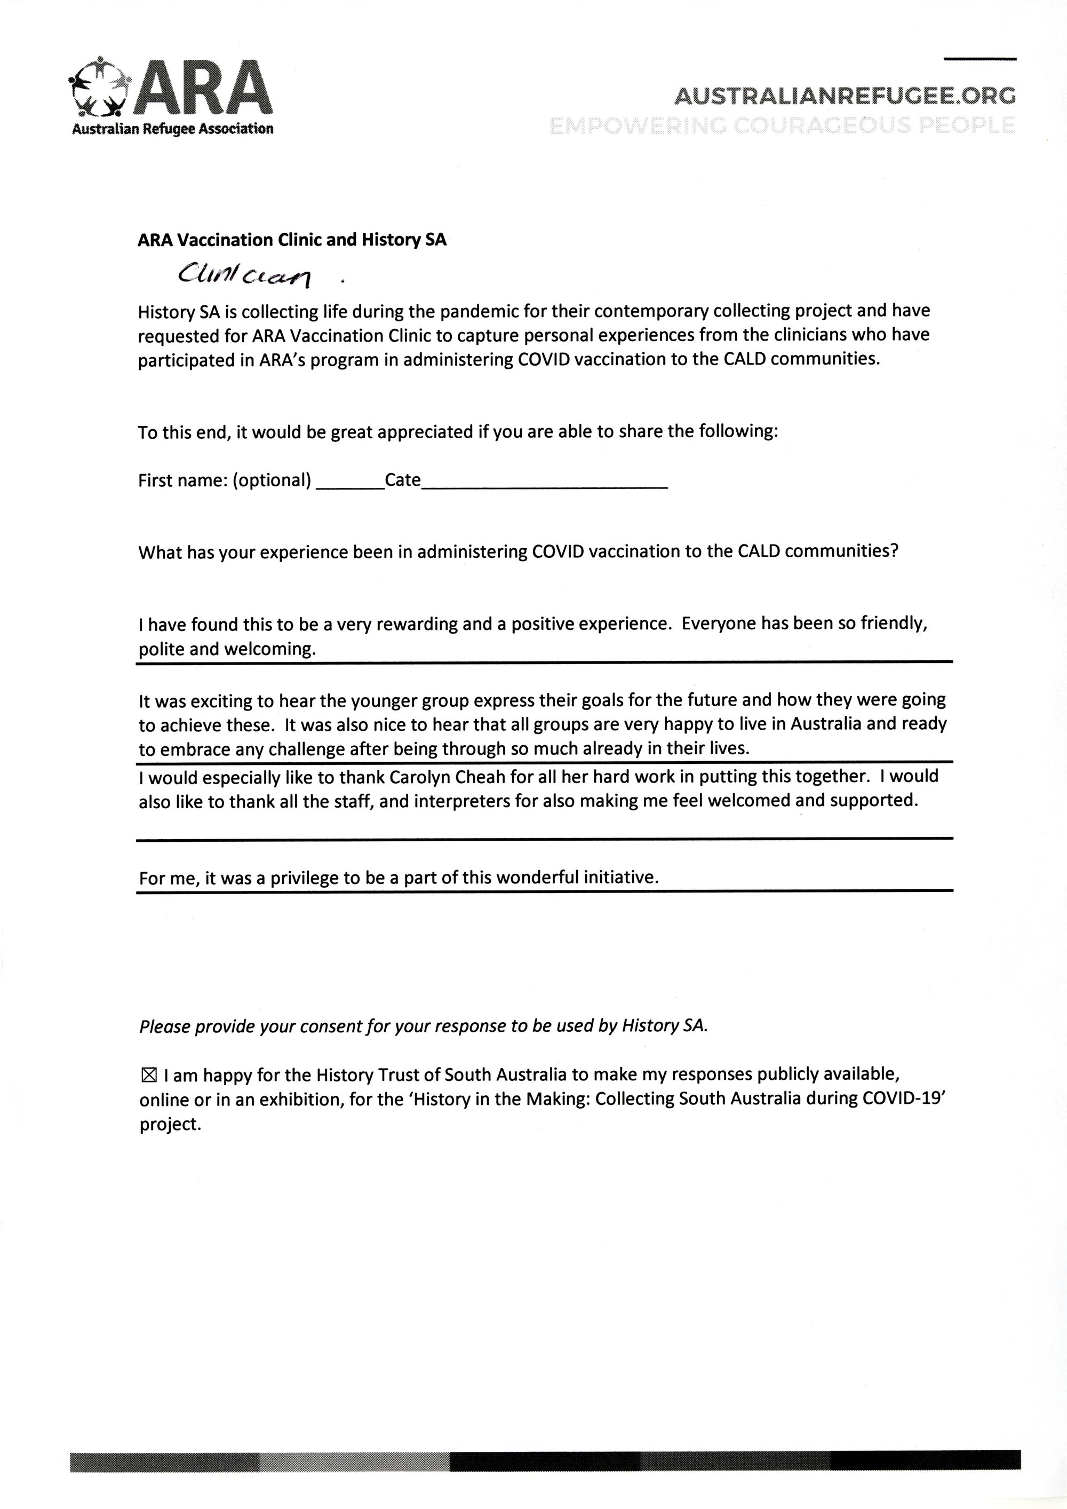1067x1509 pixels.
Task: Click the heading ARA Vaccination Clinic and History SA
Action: (292, 240)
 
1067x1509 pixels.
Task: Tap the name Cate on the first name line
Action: (402, 480)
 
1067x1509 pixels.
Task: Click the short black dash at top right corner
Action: (979, 59)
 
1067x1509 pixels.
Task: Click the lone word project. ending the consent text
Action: (170, 1125)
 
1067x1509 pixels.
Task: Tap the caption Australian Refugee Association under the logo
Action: (172, 129)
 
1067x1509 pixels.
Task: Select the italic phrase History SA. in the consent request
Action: (665, 1026)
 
